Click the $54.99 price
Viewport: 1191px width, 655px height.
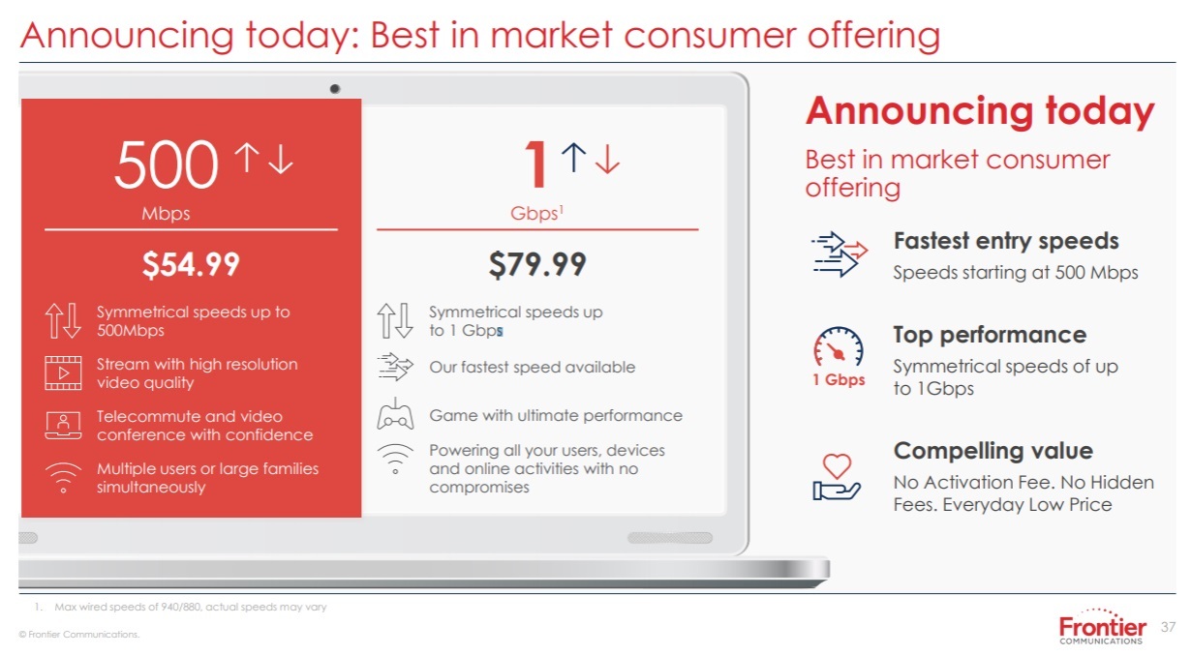click(191, 264)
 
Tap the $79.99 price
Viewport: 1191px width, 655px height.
click(537, 264)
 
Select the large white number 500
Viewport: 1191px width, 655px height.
click(166, 164)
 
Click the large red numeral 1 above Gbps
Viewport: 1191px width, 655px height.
click(536, 164)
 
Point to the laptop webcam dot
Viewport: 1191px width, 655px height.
click(335, 89)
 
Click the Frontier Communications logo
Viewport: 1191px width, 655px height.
click(1102, 628)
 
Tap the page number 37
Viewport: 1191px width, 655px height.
click(1168, 627)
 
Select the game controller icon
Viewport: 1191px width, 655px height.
click(395, 414)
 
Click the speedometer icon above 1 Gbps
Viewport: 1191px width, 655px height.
click(838, 345)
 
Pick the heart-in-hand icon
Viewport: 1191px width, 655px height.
click(837, 477)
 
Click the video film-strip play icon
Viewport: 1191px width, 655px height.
click(63, 372)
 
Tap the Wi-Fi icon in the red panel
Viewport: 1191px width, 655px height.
click(63, 478)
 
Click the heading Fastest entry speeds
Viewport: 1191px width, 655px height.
click(1006, 241)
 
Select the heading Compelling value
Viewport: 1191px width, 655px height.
click(993, 451)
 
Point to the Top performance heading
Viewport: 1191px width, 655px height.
click(990, 335)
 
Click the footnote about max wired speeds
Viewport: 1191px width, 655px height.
click(181, 607)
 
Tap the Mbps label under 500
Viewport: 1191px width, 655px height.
click(166, 214)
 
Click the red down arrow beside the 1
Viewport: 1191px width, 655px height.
click(607, 159)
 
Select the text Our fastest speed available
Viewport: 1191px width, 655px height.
click(533, 367)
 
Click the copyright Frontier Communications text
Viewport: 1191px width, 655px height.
click(79, 635)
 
